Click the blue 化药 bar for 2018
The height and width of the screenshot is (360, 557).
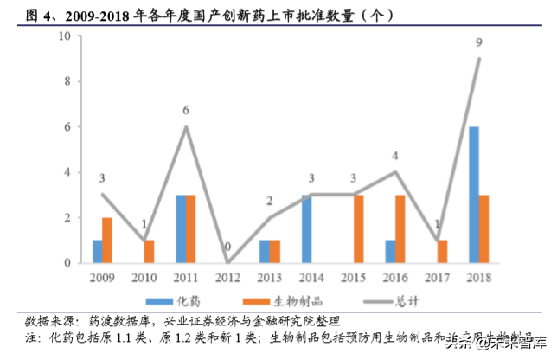tap(474, 195)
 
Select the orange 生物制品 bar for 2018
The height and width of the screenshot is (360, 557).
tap(484, 229)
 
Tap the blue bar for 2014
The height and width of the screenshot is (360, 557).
tap(307, 229)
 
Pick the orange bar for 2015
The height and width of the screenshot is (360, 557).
tap(358, 229)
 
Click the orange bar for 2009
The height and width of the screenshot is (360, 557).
tap(107, 241)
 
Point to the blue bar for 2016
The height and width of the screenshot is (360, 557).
tap(390, 252)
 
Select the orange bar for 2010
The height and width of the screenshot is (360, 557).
tap(149, 252)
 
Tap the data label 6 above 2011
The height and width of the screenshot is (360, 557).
tap(186, 110)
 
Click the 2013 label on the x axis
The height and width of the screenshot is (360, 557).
tap(270, 277)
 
